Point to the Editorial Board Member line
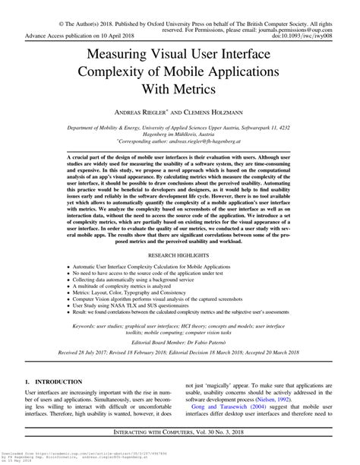181,364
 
